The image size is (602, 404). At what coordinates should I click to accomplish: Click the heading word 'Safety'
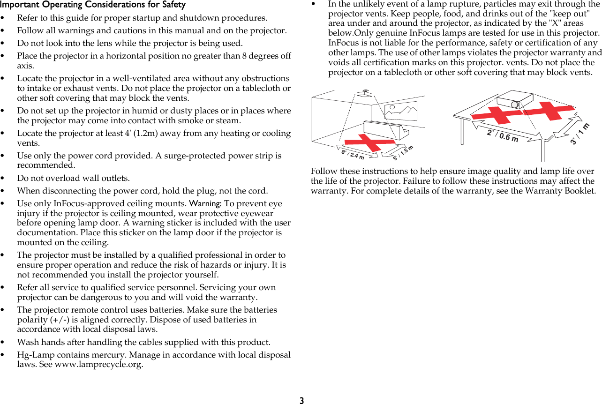coord(173,5)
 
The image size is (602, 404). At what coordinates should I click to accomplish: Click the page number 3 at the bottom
coord(301,400)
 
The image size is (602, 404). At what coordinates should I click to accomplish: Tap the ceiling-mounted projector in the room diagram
coord(364,93)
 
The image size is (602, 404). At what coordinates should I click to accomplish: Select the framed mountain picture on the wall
coord(400,111)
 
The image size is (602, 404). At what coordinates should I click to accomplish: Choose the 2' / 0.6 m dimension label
coord(503,136)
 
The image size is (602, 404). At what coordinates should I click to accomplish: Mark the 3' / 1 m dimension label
coord(580,134)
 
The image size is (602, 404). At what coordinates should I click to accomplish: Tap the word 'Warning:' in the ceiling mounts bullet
coord(205,203)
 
